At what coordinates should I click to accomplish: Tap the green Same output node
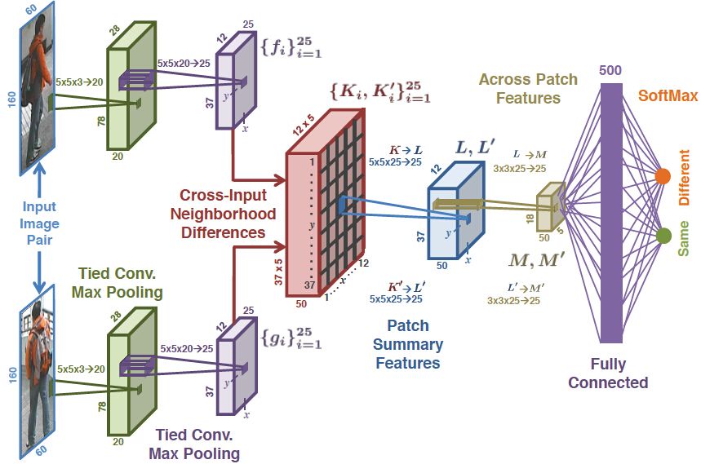click(x=663, y=236)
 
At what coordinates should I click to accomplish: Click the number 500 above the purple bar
click(x=610, y=70)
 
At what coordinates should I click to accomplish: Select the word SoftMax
click(x=668, y=96)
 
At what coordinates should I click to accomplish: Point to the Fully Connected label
click(x=608, y=373)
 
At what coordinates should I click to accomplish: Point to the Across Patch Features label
click(x=528, y=89)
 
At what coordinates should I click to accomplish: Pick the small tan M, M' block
click(x=549, y=206)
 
